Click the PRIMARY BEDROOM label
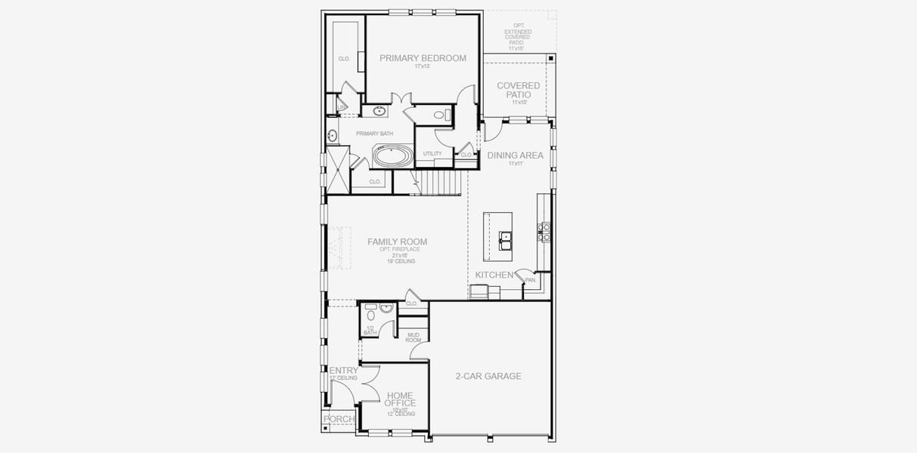[423, 58]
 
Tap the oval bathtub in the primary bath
[392, 158]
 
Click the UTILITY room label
[432, 154]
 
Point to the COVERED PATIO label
[518, 90]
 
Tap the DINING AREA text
[515, 156]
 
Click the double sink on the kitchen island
[506, 239]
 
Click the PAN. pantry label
[531, 280]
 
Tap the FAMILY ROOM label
[397, 242]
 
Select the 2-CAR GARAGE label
[488, 376]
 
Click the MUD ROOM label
[414, 337]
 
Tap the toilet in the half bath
[370, 308]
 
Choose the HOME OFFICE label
[399, 399]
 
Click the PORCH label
[339, 419]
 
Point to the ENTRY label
[343, 371]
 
